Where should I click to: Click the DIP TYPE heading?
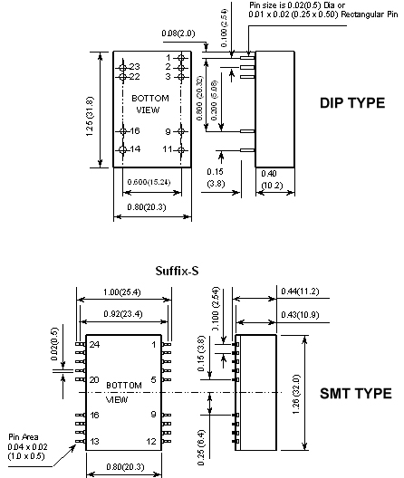point(352,102)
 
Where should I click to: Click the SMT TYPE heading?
point(356,393)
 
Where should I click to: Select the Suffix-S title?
point(177,271)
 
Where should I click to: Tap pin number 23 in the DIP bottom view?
point(135,66)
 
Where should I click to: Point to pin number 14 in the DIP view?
point(135,149)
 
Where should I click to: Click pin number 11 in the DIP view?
point(168,149)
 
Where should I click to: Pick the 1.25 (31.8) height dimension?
point(90,117)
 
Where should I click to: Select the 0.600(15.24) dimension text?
point(149,182)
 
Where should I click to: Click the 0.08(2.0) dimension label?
point(178,33)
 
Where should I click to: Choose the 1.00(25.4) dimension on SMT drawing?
point(122,292)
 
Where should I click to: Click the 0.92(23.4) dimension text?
point(123,313)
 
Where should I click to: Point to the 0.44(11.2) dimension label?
point(300,292)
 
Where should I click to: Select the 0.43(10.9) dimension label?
point(300,314)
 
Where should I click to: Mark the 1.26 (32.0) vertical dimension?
point(296,394)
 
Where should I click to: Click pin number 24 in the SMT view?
point(94,345)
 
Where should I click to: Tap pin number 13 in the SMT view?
point(94,441)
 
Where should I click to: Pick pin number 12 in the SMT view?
point(151,441)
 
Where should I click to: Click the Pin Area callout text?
point(27,446)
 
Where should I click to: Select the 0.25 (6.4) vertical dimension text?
point(201,448)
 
